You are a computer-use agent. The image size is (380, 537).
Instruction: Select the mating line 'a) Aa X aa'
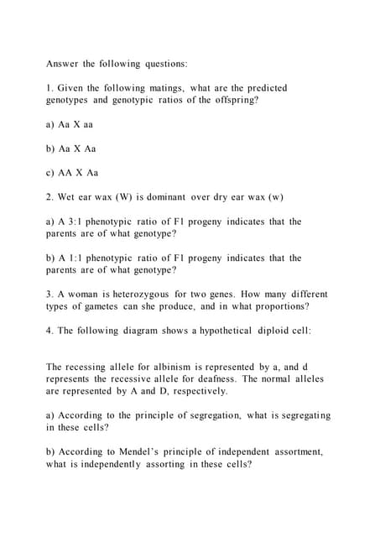[69, 123]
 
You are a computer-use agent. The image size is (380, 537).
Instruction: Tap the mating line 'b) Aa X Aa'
[70, 149]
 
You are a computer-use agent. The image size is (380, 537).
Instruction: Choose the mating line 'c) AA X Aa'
[71, 173]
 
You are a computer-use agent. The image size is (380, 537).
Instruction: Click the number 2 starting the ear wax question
[49, 197]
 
